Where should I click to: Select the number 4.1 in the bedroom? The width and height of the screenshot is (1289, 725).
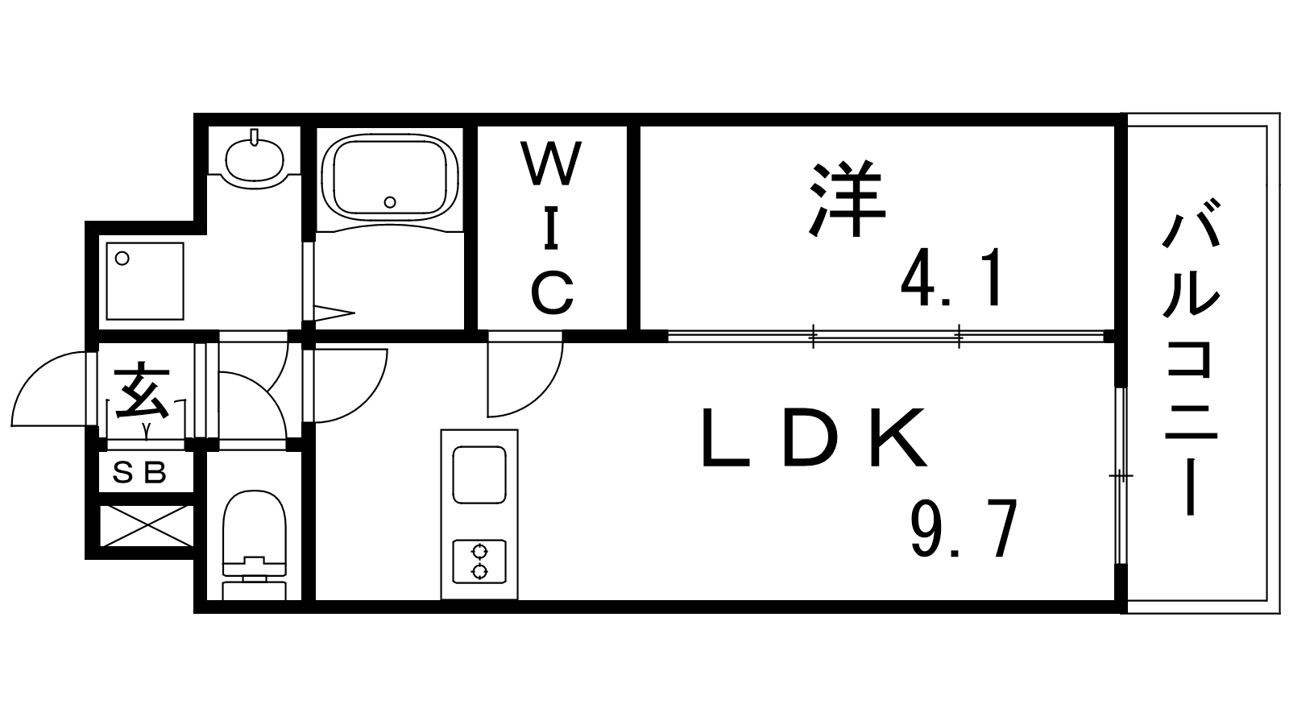tap(951, 277)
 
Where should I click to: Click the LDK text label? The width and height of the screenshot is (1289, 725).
tap(814, 437)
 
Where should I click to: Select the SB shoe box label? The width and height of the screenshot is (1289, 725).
tap(139, 472)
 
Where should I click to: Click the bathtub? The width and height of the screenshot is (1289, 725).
tap(390, 177)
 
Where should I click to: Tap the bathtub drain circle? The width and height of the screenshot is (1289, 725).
tap(390, 202)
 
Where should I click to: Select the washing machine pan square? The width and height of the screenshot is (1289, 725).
tap(145, 281)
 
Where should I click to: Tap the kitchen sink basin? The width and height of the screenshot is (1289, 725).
tap(479, 474)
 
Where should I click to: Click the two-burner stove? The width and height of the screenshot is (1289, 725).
tap(479, 561)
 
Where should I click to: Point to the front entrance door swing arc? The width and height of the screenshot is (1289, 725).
tap(35, 374)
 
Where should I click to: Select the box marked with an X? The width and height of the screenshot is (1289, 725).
tap(146, 526)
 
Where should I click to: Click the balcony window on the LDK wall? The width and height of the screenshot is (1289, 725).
tap(1121, 476)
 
